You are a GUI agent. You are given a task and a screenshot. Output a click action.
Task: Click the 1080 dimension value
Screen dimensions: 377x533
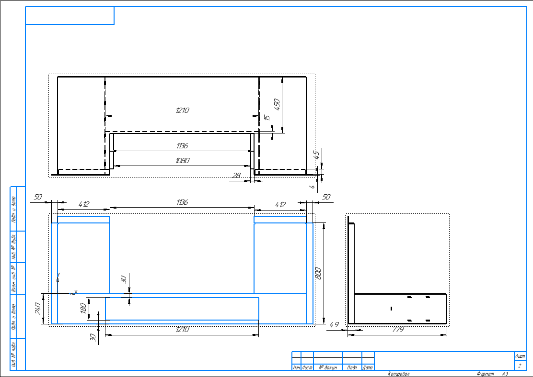183,161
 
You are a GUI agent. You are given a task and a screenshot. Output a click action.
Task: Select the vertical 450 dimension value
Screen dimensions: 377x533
277,105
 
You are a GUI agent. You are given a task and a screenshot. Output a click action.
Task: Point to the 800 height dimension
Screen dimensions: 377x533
318,273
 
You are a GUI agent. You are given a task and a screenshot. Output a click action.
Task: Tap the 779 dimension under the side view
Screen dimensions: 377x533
398,330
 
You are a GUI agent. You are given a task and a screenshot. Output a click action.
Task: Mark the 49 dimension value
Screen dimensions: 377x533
334,325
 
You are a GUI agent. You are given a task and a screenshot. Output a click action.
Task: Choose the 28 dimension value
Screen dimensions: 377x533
237,176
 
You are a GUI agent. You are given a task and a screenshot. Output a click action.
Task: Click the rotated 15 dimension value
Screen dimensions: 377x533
267,117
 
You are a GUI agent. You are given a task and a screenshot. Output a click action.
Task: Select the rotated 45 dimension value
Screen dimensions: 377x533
316,155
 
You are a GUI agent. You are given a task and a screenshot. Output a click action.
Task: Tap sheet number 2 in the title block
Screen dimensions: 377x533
520,366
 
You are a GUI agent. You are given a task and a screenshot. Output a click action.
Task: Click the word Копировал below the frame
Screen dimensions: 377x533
399,374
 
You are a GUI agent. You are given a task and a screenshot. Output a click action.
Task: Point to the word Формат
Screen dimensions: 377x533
485,374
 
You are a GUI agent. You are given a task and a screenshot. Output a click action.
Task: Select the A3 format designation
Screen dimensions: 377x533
505,374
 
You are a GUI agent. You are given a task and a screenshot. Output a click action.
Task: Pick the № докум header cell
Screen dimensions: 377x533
328,367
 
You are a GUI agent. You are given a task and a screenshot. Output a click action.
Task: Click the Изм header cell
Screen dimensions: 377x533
296,367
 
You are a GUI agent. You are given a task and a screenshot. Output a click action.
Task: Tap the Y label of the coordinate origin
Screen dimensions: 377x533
58,275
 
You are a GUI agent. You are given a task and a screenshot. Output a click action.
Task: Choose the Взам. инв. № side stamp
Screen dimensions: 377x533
14,277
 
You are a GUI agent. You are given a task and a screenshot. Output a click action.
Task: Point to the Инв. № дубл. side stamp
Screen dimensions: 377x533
14,246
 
